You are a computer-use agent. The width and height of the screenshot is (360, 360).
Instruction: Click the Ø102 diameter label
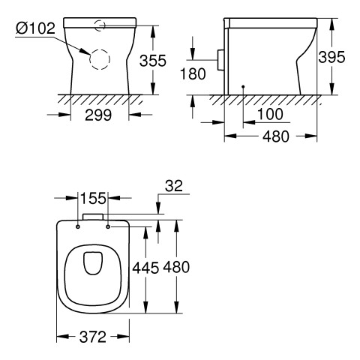point(35,28)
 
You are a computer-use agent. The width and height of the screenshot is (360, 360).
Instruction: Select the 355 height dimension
point(153,61)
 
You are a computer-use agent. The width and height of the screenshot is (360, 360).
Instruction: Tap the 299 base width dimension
point(98,115)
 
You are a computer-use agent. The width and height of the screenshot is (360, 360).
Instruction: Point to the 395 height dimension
point(331,57)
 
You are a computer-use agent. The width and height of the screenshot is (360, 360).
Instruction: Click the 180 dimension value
point(193,73)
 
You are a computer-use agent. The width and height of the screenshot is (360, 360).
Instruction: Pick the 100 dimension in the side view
point(270,114)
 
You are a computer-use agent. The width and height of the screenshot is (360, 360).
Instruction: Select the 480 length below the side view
point(276,136)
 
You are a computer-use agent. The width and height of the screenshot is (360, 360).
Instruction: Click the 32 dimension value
point(174,186)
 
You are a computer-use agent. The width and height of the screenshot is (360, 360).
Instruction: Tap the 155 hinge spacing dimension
point(93,199)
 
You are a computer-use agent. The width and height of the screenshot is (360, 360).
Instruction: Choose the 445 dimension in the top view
point(145,268)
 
